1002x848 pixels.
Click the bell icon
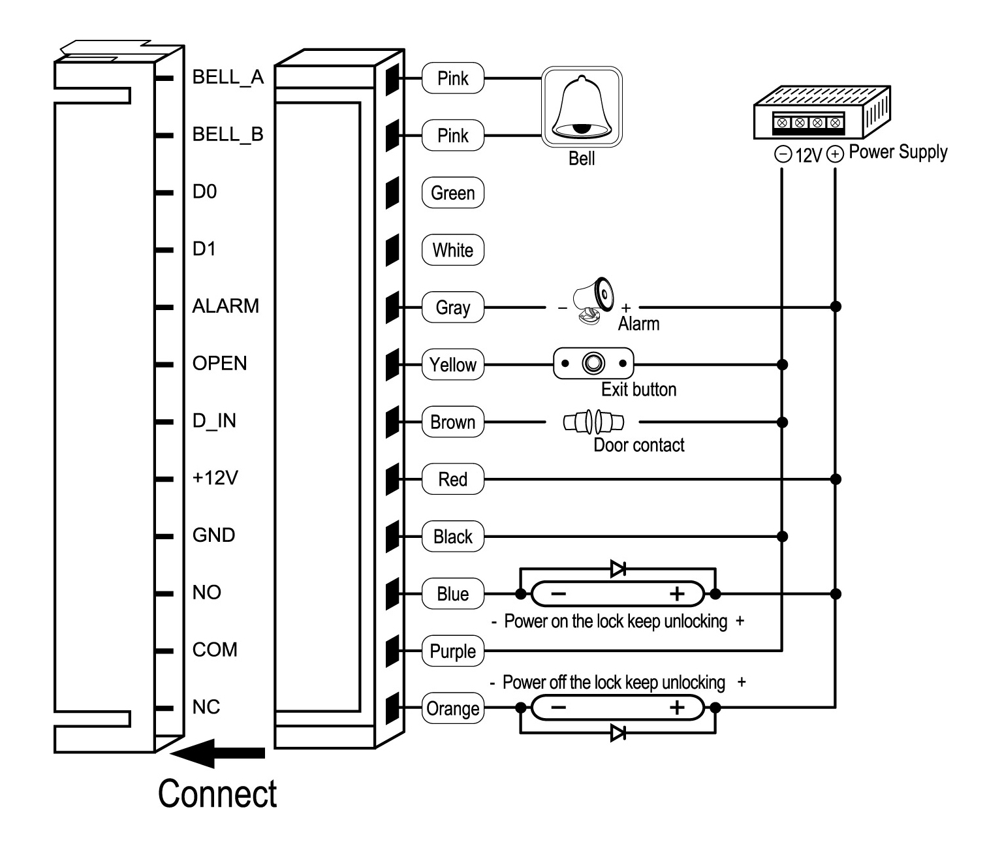(x=582, y=106)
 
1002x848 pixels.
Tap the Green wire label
(x=453, y=193)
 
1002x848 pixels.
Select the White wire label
(x=453, y=250)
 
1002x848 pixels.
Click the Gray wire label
(x=453, y=307)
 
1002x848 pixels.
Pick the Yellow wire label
(x=453, y=365)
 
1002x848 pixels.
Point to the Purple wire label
(x=453, y=651)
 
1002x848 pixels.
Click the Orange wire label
(x=453, y=708)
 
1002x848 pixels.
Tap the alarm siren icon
(x=593, y=300)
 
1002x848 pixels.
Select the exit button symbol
(x=593, y=363)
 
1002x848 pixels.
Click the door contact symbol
(x=593, y=422)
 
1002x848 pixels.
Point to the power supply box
(x=822, y=112)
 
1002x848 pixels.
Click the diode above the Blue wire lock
(x=618, y=568)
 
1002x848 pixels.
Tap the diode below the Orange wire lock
(x=618, y=733)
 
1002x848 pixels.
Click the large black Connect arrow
(x=217, y=753)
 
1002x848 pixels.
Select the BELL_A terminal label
(x=228, y=77)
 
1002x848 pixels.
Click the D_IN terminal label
(x=214, y=421)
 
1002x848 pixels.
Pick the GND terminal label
(x=213, y=535)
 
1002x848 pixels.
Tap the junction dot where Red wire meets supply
(x=836, y=480)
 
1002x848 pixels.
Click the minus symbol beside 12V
(x=783, y=154)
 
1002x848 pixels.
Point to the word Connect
(x=217, y=794)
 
